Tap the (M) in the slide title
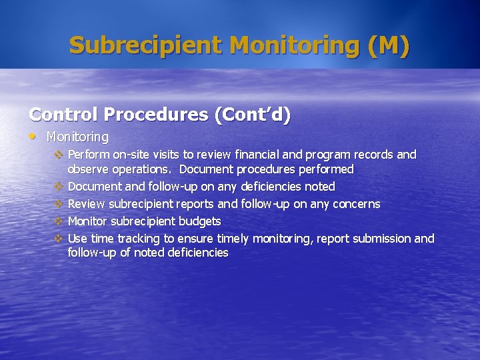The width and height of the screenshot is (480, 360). click(388, 45)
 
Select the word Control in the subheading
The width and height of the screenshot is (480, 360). click(62, 115)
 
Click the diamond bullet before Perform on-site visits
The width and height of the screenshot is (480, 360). click(58, 155)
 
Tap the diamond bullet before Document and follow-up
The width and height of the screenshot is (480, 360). click(58, 187)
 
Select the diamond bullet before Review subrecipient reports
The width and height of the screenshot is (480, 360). click(58, 204)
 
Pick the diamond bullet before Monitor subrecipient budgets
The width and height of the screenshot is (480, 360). click(58, 221)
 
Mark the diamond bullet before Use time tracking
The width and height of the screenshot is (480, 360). click(58, 239)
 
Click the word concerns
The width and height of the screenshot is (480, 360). click(356, 204)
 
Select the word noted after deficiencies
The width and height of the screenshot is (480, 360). click(319, 187)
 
